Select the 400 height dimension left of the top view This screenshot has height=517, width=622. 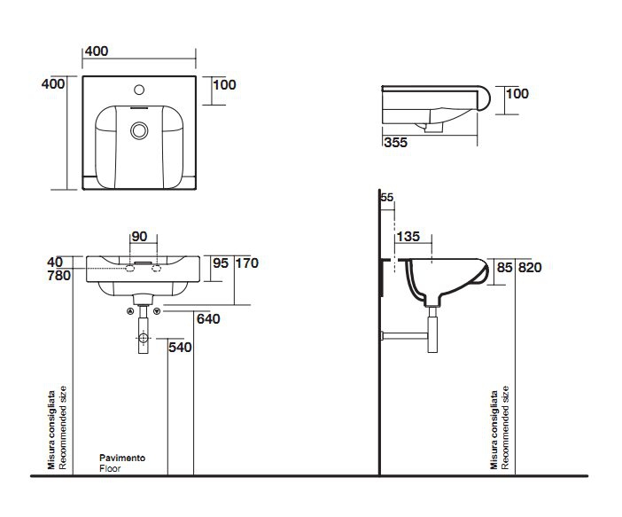tap(53, 83)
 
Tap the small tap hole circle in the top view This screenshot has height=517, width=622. tap(139, 90)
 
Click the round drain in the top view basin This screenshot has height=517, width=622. tap(138, 130)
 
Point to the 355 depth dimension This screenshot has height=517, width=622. tap(395, 142)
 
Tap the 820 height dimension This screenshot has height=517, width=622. tap(530, 266)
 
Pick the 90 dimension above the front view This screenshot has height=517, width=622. tap(139, 236)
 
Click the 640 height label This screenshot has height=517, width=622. tap(209, 319)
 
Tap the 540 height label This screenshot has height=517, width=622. tap(180, 347)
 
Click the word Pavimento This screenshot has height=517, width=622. tap(122, 458)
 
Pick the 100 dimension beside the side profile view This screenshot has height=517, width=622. tap(517, 93)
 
